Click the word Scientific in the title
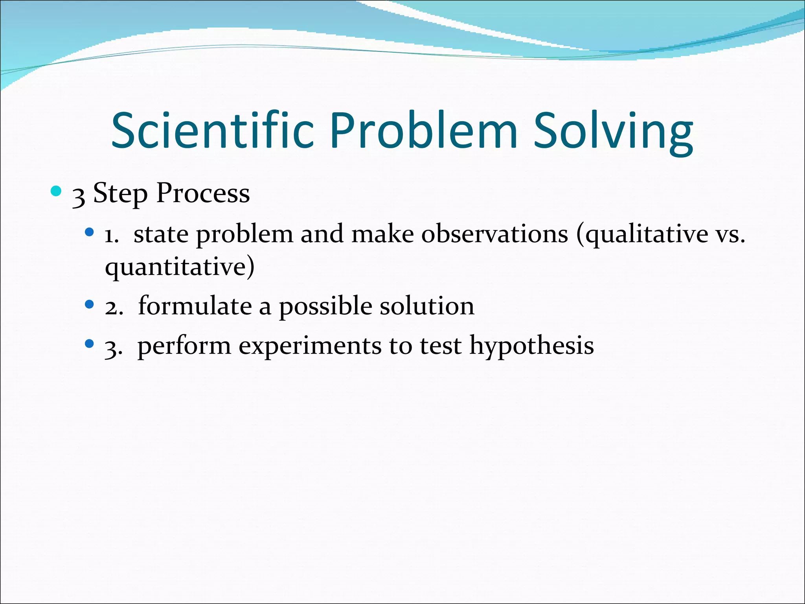(212, 131)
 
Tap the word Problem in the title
(424, 131)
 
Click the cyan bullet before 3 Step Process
(56, 192)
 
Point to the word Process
(203, 193)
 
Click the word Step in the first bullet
(120, 193)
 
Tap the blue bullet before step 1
(90, 232)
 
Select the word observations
(494, 234)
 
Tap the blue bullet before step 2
(90, 304)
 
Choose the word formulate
(195, 306)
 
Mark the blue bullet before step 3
(90, 344)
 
